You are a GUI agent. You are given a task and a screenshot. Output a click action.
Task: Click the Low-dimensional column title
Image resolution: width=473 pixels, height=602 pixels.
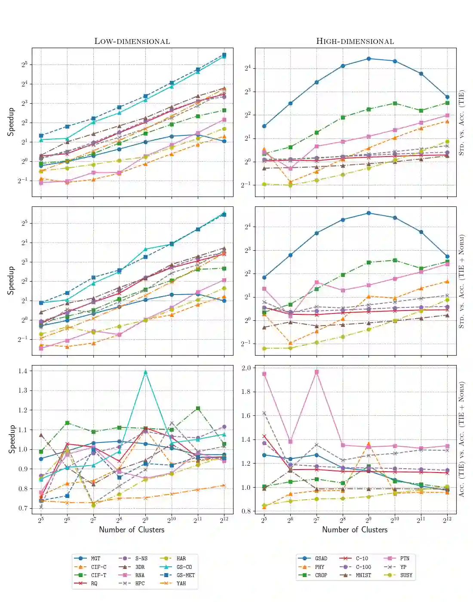pyautogui.click(x=132, y=41)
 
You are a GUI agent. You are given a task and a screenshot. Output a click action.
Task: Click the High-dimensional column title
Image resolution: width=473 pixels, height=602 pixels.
pyautogui.click(x=355, y=41)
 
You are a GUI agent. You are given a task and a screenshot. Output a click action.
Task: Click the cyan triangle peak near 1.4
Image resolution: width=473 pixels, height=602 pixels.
pyautogui.click(x=145, y=372)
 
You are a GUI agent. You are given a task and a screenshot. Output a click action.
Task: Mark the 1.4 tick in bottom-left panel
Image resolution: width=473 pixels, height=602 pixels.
pyautogui.click(x=23, y=371)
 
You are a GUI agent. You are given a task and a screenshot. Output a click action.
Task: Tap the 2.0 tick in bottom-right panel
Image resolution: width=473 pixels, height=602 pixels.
pyautogui.click(x=246, y=368)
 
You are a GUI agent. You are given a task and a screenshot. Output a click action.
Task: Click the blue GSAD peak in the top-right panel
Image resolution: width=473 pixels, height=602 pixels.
pyautogui.click(x=369, y=58)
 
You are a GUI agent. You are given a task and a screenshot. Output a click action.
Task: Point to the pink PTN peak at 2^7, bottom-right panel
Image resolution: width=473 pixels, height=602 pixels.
pyautogui.click(x=316, y=372)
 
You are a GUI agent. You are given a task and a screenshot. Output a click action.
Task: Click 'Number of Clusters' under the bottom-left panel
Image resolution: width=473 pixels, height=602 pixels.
pyautogui.click(x=132, y=530)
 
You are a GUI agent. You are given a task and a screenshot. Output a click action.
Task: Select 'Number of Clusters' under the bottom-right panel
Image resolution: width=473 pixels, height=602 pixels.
pyautogui.click(x=355, y=530)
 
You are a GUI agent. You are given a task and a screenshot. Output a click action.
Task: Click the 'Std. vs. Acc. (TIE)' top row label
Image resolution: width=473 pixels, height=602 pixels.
pyautogui.click(x=461, y=123)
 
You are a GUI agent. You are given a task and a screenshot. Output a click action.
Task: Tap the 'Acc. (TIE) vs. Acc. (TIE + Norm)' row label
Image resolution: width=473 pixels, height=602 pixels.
pyautogui.click(x=461, y=439)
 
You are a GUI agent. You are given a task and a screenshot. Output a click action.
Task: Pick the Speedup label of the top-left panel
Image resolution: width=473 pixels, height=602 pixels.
pyautogui.click(x=11, y=122)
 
